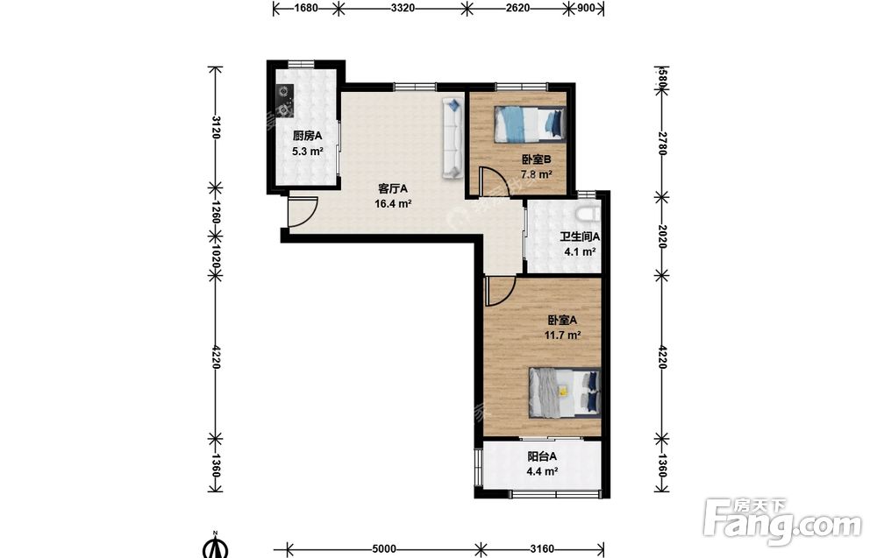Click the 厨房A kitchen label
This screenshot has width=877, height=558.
coord(308,136)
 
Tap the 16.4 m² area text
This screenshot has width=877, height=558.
coord(393,204)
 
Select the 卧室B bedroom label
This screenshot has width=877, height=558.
coord(536,159)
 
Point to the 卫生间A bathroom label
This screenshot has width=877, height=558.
coord(580,237)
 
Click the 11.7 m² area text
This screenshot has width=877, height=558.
coord(562,336)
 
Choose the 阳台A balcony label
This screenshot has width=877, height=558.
coord(542,456)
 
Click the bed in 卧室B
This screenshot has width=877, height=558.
coord(530,124)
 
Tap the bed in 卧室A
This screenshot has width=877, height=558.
coord(564,392)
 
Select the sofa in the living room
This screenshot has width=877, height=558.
coord(453,138)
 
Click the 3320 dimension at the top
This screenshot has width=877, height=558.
coord(403,8)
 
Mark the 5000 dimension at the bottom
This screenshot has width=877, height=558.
coord(384,548)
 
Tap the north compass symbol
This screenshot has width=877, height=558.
coord(216,546)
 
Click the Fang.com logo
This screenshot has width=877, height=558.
coord(782,522)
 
